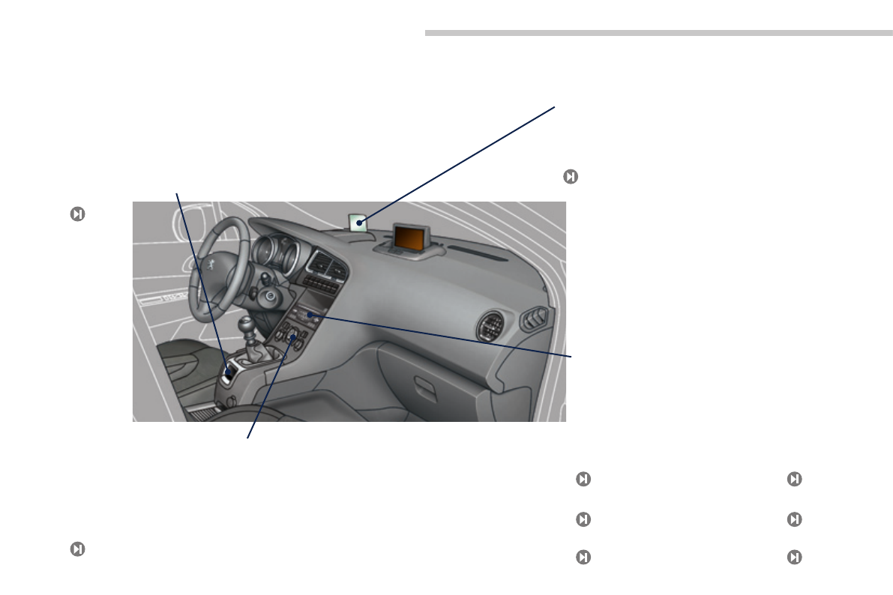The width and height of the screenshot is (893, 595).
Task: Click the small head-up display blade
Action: pos(358,222)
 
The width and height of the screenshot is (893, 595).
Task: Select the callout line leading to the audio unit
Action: pos(450,337)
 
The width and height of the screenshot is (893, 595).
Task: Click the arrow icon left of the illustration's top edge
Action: pos(76,214)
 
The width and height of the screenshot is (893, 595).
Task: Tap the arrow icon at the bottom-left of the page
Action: pos(76,549)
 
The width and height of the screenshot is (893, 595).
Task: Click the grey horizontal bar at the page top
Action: pos(653,33)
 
